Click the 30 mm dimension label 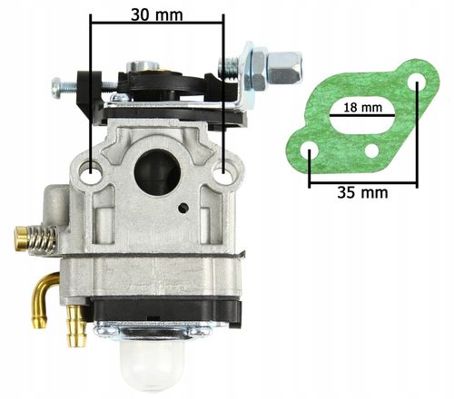pos(157,15)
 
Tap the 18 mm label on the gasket pos(362,107)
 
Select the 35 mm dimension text pos(362,192)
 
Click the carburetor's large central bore pos(157,169)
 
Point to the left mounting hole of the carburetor pos(91,171)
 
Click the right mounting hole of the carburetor pos(222,173)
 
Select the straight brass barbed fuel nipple pos(77,326)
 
